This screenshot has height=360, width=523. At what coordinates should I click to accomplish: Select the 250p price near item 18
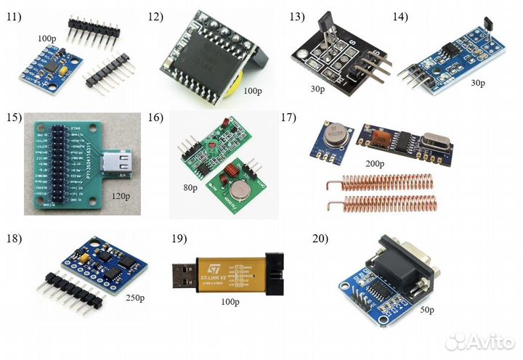(137, 298)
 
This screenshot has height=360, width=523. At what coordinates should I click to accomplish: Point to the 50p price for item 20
(426, 311)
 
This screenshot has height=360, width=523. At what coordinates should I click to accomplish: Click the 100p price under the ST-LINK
(230, 301)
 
